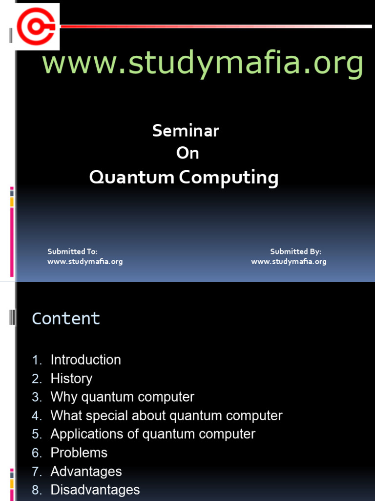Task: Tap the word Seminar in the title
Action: [186, 131]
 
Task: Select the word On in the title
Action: [187, 153]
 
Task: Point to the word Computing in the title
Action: [229, 178]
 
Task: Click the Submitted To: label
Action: [72, 251]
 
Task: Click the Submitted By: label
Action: [295, 251]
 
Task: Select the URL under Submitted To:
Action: [85, 261]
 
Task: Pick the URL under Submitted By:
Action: [289, 261]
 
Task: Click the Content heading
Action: [66, 319]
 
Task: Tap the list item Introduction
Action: [85, 360]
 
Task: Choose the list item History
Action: [71, 378]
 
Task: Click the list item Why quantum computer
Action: [122, 397]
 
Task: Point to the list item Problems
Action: [79, 453]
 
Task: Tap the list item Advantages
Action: [86, 471]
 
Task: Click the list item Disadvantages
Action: [95, 490]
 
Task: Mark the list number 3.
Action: [37, 397]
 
